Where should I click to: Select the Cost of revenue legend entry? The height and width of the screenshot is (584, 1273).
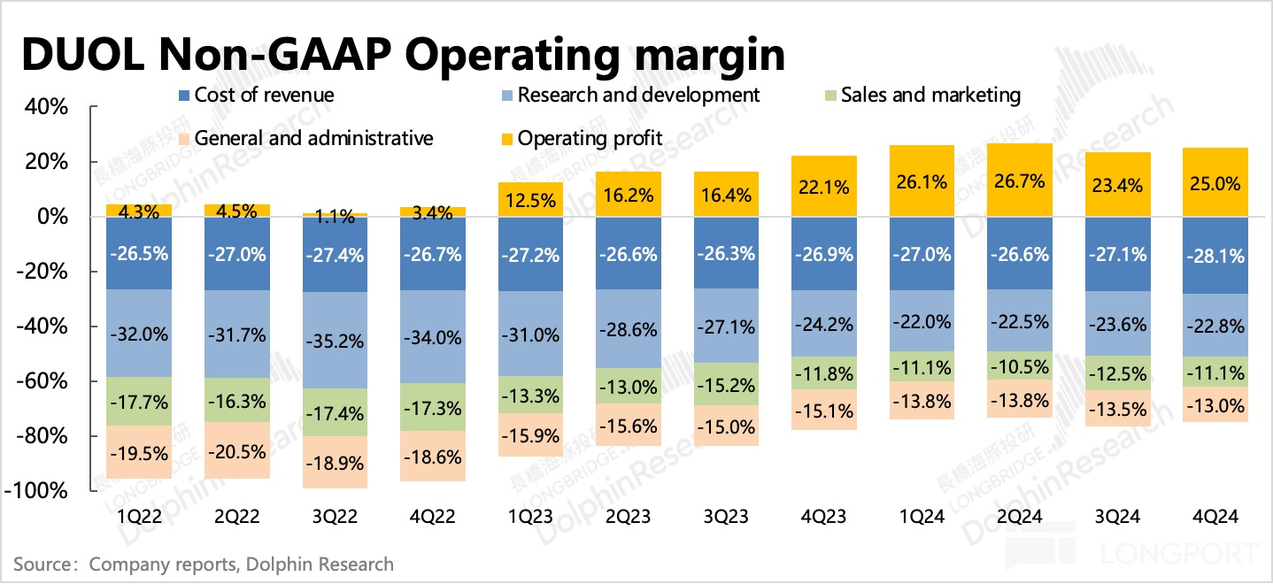(256, 95)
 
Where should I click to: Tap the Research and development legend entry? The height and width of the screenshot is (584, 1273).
(629, 95)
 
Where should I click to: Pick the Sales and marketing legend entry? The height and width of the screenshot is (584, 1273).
(922, 95)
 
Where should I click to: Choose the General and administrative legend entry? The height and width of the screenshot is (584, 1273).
(305, 138)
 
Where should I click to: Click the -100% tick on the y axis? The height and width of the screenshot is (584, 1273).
(37, 491)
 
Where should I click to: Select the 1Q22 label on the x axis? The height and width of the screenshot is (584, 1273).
(138, 517)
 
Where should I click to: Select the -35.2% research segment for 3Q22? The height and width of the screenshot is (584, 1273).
(334, 341)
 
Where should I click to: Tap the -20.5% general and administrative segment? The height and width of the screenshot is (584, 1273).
(236, 450)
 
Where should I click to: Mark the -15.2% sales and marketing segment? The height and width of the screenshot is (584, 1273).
(723, 385)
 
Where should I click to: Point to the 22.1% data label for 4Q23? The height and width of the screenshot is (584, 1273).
(821, 188)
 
